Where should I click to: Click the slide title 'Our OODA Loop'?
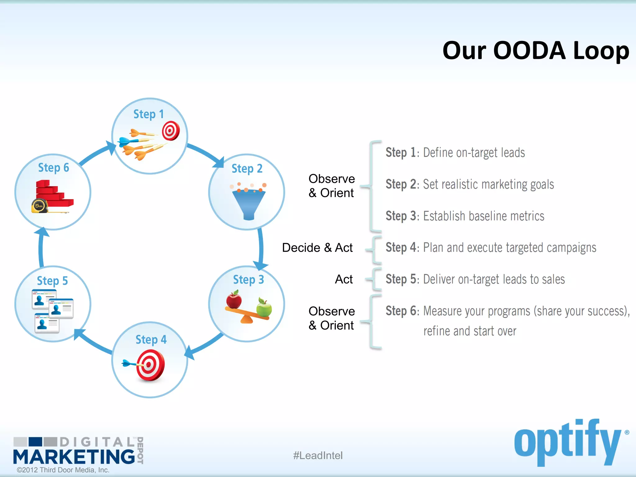pos(535,51)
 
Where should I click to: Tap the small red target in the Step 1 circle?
pos(171,131)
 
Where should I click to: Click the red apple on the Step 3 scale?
pos(234,300)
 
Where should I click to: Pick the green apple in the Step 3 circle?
pos(264,308)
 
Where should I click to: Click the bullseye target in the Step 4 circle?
pos(150,365)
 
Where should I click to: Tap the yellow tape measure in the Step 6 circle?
pos(39,206)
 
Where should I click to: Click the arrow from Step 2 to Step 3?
pos(261,248)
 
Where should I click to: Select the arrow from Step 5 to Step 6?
pos(41,248)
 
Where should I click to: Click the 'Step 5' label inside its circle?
pos(52,281)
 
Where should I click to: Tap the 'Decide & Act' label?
pos(317,248)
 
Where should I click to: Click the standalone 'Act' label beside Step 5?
pos(343,279)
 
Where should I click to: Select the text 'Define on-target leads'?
pos(474,153)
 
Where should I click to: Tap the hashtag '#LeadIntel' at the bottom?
pos(318,456)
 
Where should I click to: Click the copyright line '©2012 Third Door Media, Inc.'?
pos(63,470)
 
